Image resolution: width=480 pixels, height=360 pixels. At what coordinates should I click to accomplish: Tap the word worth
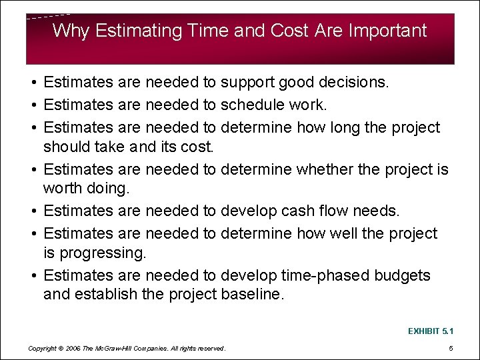point(63,189)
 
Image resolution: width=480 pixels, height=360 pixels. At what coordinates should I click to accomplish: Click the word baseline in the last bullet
point(251,294)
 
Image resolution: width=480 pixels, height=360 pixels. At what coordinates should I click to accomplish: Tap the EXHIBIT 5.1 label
point(430,330)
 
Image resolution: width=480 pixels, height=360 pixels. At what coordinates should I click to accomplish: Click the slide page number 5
point(451,348)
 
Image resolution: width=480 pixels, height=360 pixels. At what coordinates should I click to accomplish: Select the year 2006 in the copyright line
point(73,348)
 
